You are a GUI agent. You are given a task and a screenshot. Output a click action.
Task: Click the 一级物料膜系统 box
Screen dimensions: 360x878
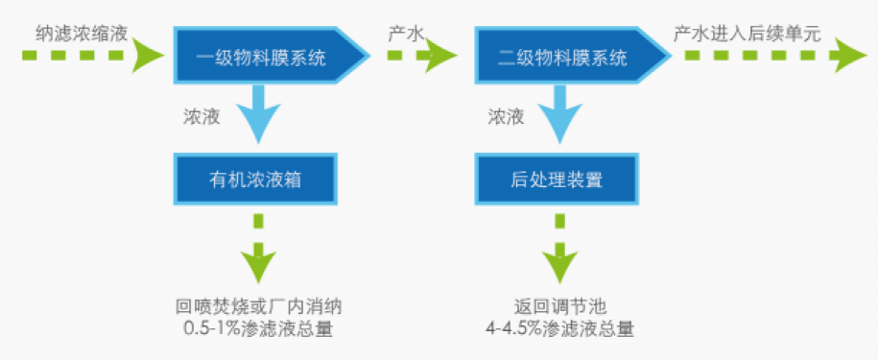pyautogui.click(x=261, y=58)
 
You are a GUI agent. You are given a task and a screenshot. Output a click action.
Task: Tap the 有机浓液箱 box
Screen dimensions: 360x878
pyautogui.click(x=256, y=179)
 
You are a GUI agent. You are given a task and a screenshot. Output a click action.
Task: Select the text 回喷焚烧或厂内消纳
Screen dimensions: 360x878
pyautogui.click(x=258, y=307)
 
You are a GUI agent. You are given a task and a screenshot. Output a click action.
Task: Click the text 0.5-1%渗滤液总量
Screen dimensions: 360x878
pyautogui.click(x=258, y=328)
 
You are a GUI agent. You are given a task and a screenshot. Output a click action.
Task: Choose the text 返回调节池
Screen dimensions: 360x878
pyautogui.click(x=560, y=307)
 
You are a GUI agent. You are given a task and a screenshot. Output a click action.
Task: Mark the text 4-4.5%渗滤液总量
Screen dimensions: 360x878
pyautogui.click(x=560, y=328)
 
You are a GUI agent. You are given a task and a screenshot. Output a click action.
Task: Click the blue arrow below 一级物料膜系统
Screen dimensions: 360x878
pyautogui.click(x=256, y=113)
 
